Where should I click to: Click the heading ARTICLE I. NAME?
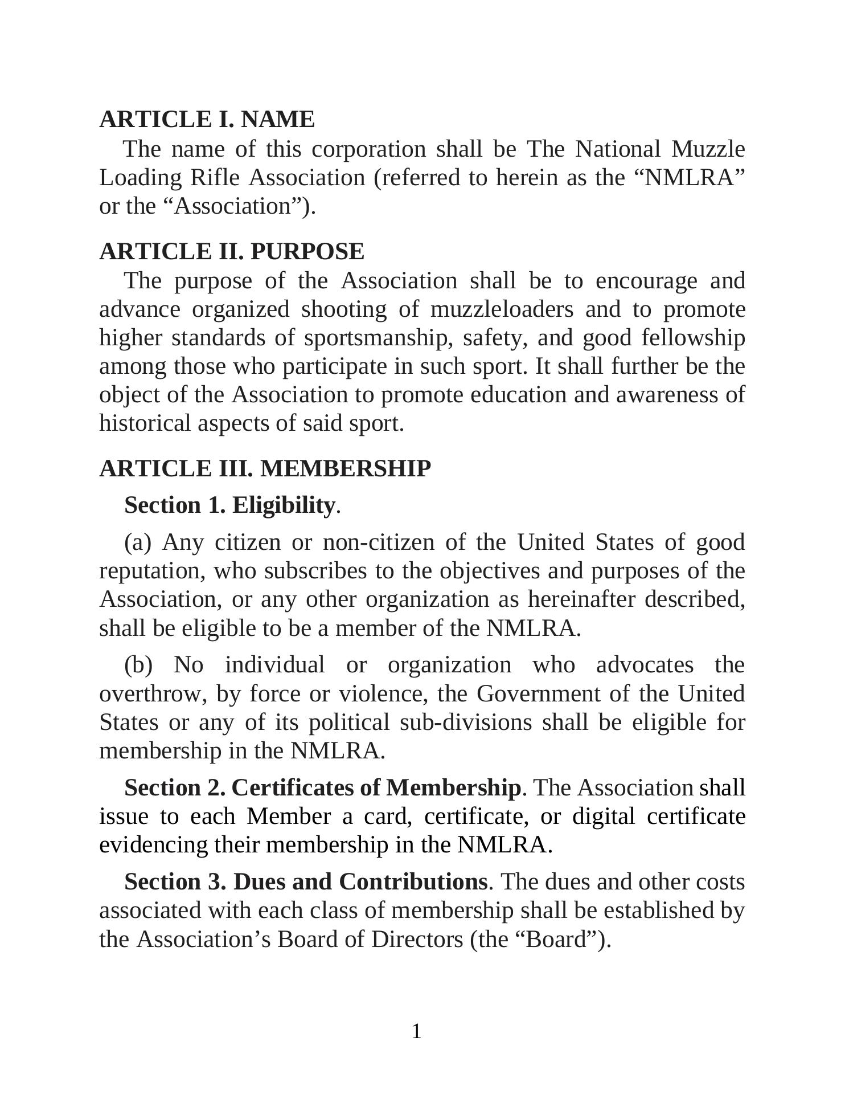pos(207,120)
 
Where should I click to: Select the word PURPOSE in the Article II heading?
pos(307,252)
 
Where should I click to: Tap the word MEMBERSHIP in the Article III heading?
pos(345,469)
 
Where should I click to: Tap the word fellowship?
pos(693,338)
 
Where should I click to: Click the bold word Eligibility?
pos(283,505)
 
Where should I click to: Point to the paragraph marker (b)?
pos(138,666)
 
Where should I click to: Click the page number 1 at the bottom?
pos(417,1032)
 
